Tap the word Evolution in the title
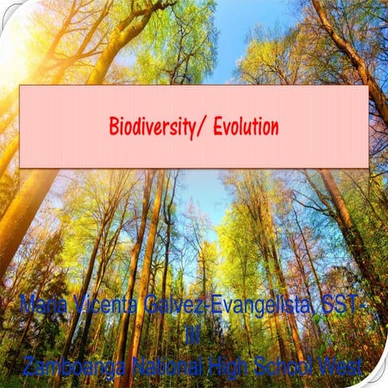pos(246,127)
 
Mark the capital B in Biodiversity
pos(114,127)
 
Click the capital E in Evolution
pos(217,127)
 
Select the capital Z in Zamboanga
pos(29,366)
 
